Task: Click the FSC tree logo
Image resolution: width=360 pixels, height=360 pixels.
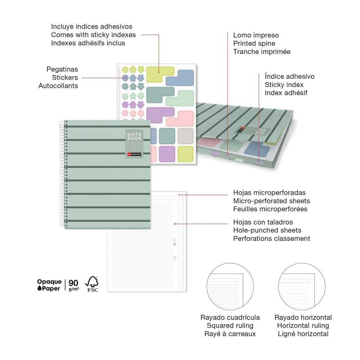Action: click(92, 283)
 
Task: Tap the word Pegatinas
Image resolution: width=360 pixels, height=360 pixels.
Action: click(62, 69)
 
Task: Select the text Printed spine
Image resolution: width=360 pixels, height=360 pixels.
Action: click(254, 44)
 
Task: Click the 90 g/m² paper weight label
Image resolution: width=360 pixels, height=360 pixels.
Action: click(74, 285)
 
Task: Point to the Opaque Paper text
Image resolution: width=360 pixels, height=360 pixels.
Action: click(50, 285)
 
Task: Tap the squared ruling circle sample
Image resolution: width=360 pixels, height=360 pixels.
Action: click(230, 287)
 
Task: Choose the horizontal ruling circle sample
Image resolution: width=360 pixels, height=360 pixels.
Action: click(302, 287)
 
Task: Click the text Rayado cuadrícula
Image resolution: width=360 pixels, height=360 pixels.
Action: click(230, 317)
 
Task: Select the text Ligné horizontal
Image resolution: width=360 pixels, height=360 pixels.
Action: click(303, 334)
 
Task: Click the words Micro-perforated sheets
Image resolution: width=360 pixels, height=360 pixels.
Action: click(271, 201)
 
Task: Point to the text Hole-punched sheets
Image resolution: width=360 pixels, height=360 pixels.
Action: click(267, 230)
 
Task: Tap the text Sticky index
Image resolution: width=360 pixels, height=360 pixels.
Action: click(284, 85)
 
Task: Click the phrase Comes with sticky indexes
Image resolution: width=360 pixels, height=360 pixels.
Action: click(93, 35)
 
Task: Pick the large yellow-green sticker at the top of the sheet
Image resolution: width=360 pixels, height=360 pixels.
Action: click(159, 73)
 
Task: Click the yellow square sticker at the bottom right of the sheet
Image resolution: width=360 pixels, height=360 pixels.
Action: click(186, 154)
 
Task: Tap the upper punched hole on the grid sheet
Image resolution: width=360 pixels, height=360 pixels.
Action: click(175, 223)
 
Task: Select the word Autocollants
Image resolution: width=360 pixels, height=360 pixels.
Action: click(58, 86)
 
